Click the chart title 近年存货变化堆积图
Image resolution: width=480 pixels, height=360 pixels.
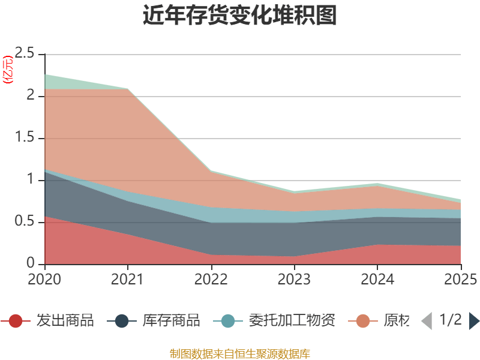(x=239, y=16)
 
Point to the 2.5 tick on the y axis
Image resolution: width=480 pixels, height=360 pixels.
(x=25, y=53)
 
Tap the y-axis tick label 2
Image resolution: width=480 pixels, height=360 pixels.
(x=31, y=95)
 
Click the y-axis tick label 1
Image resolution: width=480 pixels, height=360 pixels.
(x=31, y=179)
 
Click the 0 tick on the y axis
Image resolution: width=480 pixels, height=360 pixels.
(x=31, y=263)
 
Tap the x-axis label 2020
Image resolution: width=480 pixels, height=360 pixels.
(x=44, y=280)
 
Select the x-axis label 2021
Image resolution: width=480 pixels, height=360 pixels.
(x=128, y=280)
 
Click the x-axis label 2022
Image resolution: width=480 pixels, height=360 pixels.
(x=211, y=280)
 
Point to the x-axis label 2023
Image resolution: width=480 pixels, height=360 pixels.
(x=294, y=280)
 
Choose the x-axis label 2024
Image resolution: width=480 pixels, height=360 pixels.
(x=377, y=280)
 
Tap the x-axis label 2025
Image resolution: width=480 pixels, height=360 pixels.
(x=461, y=280)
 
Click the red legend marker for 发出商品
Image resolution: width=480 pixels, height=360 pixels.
(x=16, y=321)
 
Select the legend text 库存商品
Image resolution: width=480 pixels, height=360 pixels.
(x=171, y=321)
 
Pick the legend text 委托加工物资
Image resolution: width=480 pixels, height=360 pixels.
(x=292, y=321)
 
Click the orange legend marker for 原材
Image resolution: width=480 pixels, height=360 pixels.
(x=363, y=321)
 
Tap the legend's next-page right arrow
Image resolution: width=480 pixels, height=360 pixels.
(x=474, y=321)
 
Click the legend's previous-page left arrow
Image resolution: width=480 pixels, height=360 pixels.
(x=427, y=321)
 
